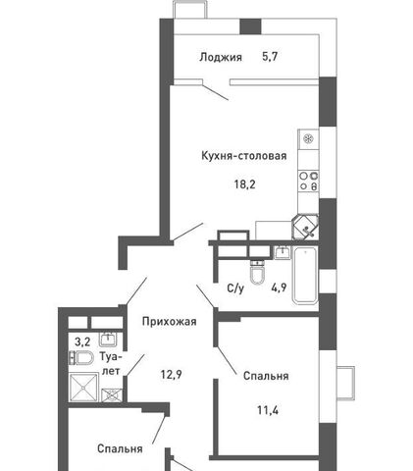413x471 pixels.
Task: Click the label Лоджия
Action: pos(221,58)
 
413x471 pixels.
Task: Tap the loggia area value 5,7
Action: pos(270,57)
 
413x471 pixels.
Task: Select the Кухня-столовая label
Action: pos(244,155)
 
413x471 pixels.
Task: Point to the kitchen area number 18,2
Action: pos(244,184)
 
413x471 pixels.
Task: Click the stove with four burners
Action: pos(308,181)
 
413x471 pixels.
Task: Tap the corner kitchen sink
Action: pos(305,228)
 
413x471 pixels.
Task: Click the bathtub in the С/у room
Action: pos(305,276)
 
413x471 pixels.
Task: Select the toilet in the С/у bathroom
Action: pos(257,272)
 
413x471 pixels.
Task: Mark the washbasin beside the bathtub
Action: pos(283,252)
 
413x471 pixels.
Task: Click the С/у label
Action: pos(235,288)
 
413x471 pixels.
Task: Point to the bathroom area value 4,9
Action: pos(279,288)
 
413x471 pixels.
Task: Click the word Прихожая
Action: pos(170,322)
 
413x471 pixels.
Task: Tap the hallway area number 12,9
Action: pos(172,374)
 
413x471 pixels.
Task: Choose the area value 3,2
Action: pos(82,342)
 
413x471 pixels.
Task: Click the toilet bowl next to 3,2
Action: pos(81,358)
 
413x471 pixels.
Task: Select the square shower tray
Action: pos(83,388)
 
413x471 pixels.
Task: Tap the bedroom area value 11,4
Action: pos(268,410)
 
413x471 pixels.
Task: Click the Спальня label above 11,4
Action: pos(266,376)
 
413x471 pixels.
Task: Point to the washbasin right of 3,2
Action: pos(108,340)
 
